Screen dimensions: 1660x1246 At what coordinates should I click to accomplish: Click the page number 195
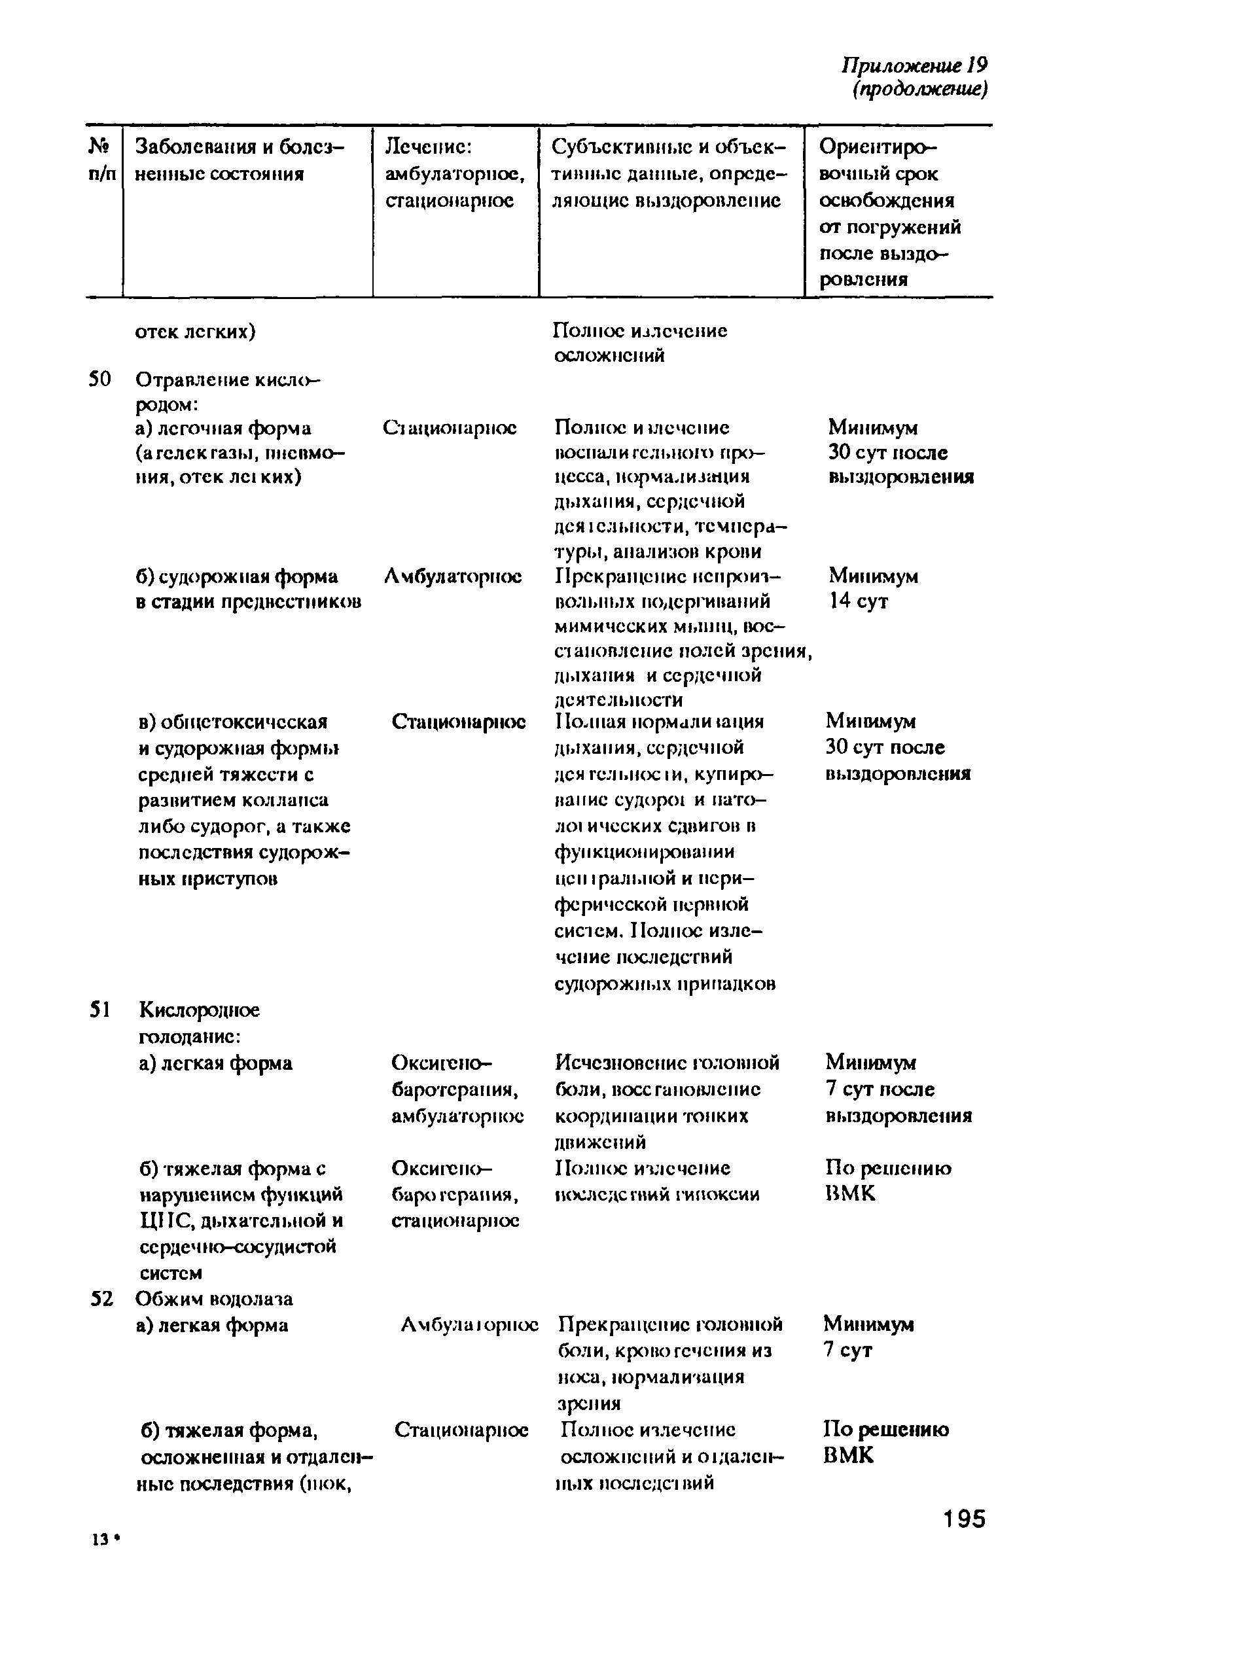[x=965, y=1518]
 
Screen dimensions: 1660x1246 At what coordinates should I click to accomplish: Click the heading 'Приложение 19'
[x=914, y=66]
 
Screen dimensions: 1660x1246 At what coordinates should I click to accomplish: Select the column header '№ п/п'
[x=102, y=160]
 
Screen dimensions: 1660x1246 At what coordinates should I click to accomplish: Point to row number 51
[x=100, y=1010]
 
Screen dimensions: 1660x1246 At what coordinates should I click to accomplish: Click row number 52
[x=101, y=1298]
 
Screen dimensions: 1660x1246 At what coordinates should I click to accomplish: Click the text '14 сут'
[x=858, y=601]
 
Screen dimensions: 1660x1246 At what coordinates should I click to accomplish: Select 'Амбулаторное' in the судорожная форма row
[x=453, y=576]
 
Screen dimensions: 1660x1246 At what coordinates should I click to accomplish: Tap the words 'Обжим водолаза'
[x=214, y=1298]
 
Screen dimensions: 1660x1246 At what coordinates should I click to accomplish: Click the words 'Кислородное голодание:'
[x=199, y=1023]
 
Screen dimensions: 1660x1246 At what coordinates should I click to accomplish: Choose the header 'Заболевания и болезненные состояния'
[x=239, y=160]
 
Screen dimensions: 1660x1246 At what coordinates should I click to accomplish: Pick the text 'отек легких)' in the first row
[x=195, y=332]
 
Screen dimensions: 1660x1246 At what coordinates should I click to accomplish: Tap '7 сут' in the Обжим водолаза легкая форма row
[x=847, y=1349]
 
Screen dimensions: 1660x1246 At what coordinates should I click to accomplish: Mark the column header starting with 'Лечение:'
[x=454, y=173]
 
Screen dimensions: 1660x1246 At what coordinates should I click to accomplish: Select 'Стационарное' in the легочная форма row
[x=449, y=428]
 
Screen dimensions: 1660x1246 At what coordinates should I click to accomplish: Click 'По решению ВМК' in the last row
[x=885, y=1441]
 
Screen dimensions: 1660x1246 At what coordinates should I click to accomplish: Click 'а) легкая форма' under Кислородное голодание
[x=215, y=1063]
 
